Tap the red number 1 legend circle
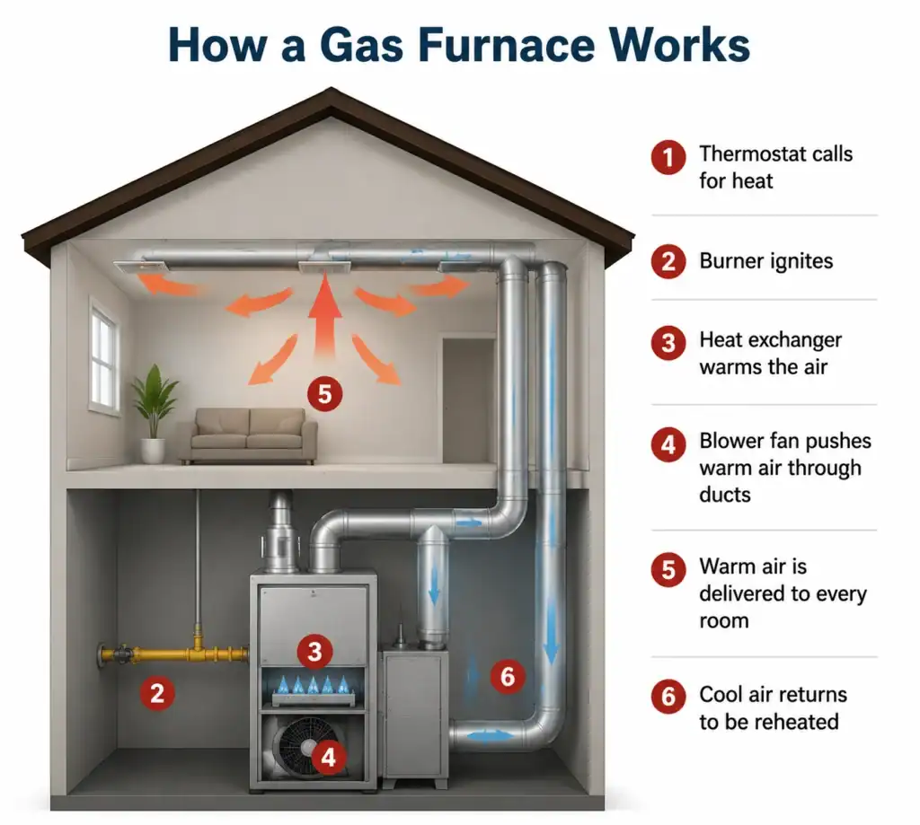coord(668,157)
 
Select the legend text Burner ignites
coord(765,261)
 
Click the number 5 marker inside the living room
coord(324,393)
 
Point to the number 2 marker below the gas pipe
coord(156,694)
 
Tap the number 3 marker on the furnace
coord(314,652)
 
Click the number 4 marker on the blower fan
coord(328,757)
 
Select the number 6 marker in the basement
coord(508,677)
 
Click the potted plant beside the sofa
coord(154,413)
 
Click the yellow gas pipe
coord(174,652)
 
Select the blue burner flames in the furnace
coord(314,685)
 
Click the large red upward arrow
coord(324,318)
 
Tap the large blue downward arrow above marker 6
coord(551,628)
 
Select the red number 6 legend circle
coord(668,697)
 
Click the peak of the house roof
coord(331,89)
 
